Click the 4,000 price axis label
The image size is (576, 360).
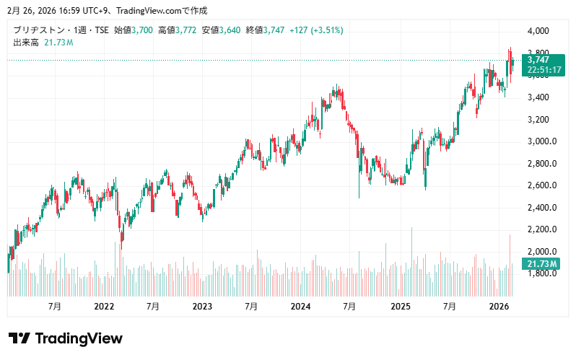click(538, 31)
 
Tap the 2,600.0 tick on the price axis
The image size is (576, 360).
click(541, 185)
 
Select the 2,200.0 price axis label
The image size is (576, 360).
click(541, 229)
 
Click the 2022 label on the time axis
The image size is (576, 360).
click(104, 307)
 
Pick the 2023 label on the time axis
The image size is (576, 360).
click(202, 307)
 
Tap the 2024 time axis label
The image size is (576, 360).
click(300, 307)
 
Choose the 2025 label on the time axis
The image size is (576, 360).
click(400, 307)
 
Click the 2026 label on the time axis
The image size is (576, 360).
click(499, 307)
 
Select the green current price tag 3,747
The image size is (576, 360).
click(538, 60)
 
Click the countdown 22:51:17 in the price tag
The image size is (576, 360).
click(545, 70)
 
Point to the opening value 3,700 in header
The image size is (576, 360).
click(141, 30)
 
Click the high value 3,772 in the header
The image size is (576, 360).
click(186, 30)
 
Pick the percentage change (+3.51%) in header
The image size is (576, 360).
click(327, 30)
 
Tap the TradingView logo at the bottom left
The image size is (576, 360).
click(65, 338)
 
